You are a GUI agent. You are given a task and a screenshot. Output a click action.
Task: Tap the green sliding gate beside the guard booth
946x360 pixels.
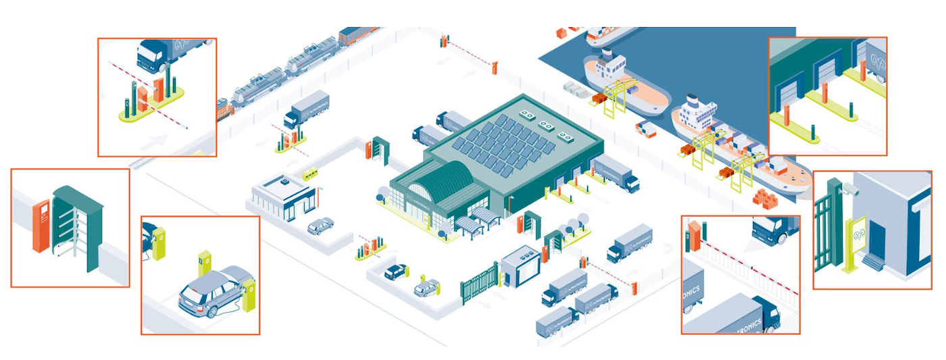[x=480, y=283]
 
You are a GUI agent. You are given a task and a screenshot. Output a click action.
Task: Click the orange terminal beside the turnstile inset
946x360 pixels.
[x=41, y=227]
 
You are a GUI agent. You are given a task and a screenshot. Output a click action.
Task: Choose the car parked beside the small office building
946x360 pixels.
[x=320, y=226]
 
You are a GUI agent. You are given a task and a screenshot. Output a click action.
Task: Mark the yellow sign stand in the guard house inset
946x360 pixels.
[x=856, y=239]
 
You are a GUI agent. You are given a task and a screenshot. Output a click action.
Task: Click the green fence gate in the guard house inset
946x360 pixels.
[x=826, y=230]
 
